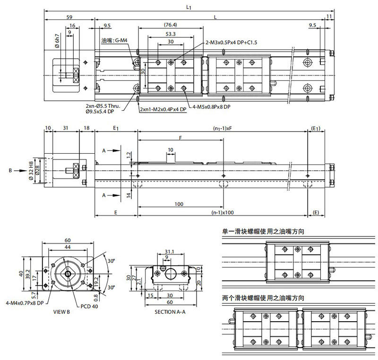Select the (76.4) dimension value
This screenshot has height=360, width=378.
pyautogui.click(x=171, y=25)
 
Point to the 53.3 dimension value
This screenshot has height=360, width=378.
pyautogui.click(x=171, y=34)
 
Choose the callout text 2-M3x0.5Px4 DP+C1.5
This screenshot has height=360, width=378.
pyautogui.click(x=232, y=42)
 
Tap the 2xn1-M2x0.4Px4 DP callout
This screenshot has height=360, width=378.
pyautogui.click(x=163, y=109)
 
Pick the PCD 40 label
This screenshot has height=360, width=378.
pyautogui.click(x=90, y=306)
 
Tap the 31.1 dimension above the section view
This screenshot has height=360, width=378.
pyautogui.click(x=170, y=251)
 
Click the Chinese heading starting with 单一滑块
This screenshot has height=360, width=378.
pyautogui.click(x=263, y=232)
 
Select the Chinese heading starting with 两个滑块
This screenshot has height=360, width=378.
pyautogui.click(x=263, y=298)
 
